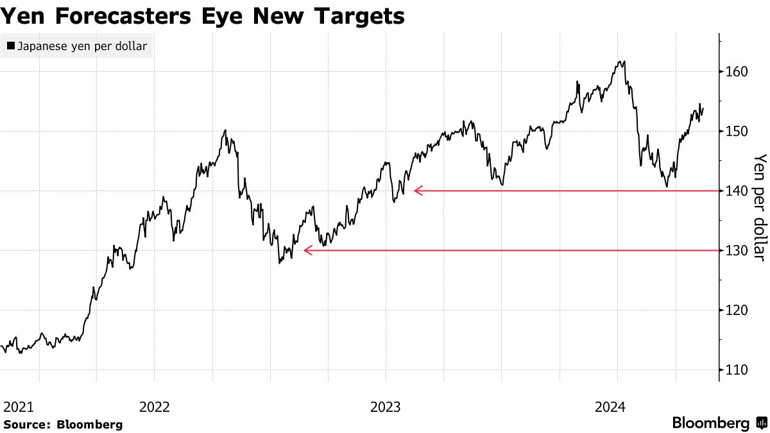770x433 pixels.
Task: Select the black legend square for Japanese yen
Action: [10, 46]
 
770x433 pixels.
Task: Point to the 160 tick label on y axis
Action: [737, 72]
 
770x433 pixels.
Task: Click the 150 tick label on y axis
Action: [737, 132]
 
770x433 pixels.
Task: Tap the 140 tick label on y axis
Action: [737, 191]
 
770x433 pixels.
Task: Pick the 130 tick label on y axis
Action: [737, 251]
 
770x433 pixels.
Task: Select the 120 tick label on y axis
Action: [737, 310]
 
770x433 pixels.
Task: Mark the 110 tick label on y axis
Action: [737, 370]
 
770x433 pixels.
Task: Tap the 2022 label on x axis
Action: [154, 407]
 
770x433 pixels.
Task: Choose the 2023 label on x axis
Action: [386, 407]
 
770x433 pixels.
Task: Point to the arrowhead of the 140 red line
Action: [418, 191]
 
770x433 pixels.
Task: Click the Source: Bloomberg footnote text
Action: [63, 424]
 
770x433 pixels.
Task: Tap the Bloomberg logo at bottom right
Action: [719, 423]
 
